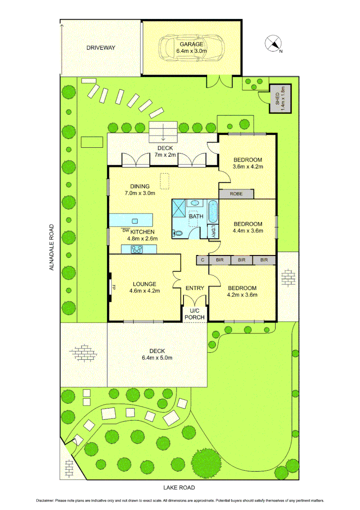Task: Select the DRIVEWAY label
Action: [100, 48]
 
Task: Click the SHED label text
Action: [277, 99]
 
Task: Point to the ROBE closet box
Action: [236, 194]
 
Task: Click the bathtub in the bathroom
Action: [213, 212]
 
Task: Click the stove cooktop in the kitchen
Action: [137, 249]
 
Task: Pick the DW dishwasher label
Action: [125, 230]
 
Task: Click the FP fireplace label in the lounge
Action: [114, 286]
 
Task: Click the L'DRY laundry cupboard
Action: [213, 231]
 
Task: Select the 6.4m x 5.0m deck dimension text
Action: [157, 357]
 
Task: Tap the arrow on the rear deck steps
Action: [163, 134]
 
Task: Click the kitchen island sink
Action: [135, 221]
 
